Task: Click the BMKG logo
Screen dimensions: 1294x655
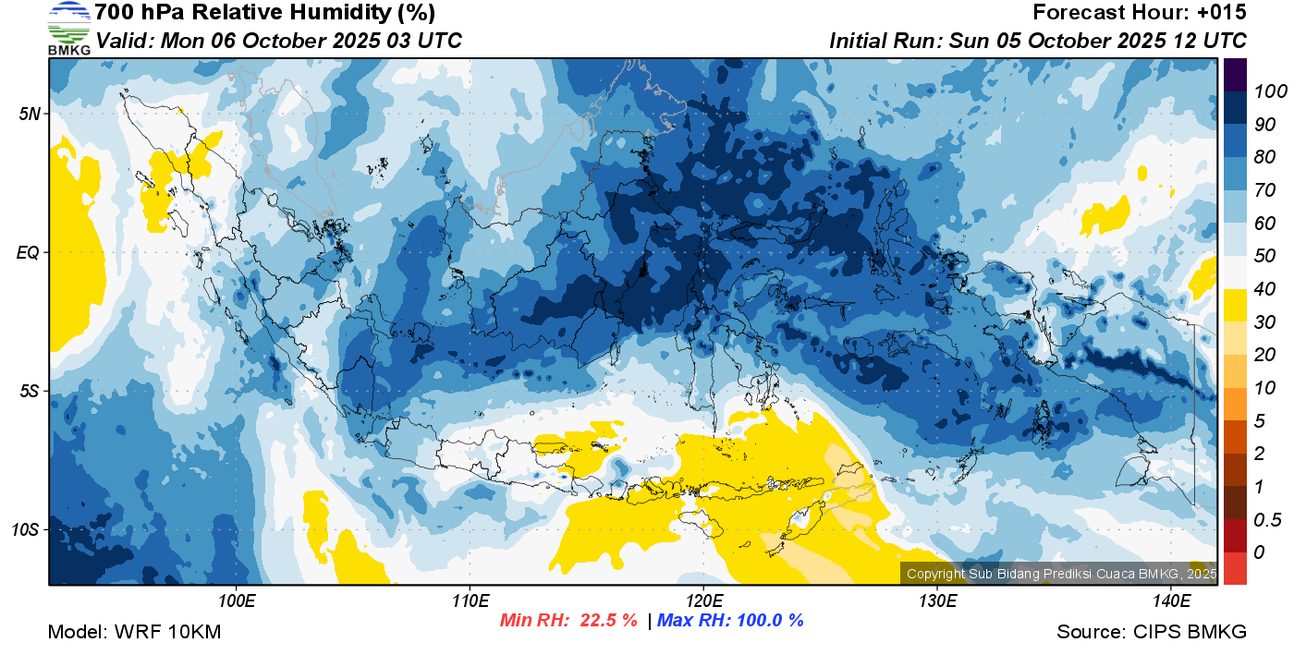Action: click(68, 28)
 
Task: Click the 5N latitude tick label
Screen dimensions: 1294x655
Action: click(30, 114)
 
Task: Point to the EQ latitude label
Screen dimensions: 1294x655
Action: click(29, 253)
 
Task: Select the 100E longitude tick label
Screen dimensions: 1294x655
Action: click(237, 601)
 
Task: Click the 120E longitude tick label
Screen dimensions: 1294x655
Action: click(703, 601)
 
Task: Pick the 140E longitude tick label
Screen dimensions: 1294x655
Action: click(1171, 601)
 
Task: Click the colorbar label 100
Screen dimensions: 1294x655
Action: click(1270, 91)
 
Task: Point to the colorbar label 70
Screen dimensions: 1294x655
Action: click(1265, 190)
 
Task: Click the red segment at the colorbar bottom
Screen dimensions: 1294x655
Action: click(1235, 568)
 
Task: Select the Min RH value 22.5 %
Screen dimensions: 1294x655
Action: click(608, 620)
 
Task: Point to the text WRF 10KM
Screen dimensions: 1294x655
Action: click(167, 632)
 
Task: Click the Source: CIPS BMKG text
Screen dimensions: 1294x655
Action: click(1152, 632)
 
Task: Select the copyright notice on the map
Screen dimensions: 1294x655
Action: click(1061, 574)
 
